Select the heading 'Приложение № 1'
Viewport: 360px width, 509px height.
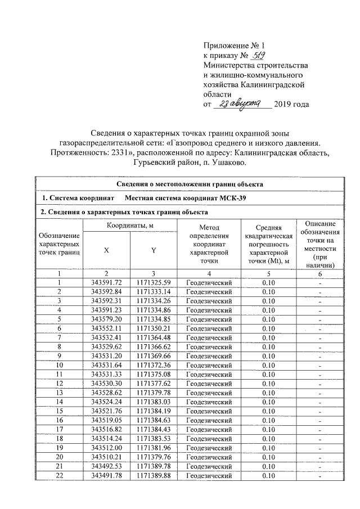(232, 45)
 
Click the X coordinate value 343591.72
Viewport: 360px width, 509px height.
(106, 282)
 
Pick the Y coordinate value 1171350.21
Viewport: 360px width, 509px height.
(154, 328)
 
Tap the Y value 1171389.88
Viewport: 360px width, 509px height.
(154, 476)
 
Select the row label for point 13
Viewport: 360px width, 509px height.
(59, 393)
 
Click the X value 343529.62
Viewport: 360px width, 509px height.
(106, 346)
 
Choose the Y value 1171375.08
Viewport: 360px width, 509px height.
(154, 374)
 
